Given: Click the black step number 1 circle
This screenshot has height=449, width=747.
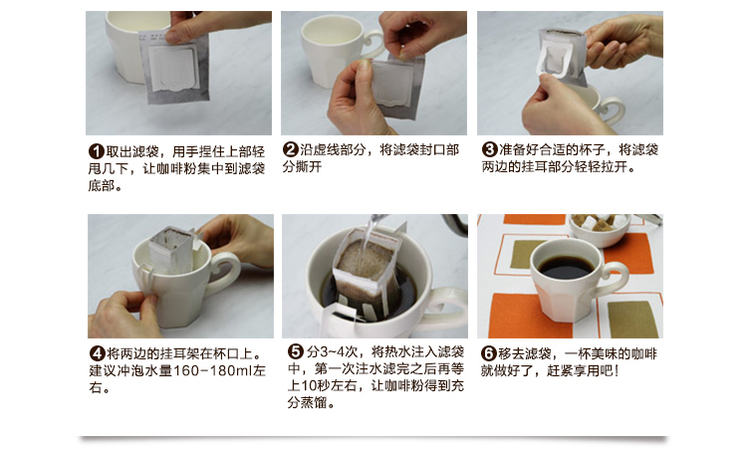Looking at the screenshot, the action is [x=97, y=152].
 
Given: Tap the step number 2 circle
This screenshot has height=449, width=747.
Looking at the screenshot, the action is [x=291, y=149].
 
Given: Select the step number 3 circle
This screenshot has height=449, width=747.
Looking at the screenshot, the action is [x=489, y=149].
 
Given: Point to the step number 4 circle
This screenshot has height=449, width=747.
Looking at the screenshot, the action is [x=98, y=353].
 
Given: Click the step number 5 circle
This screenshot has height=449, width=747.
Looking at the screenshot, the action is [x=296, y=351].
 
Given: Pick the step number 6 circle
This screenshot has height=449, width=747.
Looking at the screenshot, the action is [x=489, y=353].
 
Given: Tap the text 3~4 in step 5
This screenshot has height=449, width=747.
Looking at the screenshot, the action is [x=332, y=351].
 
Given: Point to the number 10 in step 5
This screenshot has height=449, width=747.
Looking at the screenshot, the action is [x=309, y=384].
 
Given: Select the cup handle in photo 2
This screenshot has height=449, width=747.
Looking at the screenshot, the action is [x=373, y=44].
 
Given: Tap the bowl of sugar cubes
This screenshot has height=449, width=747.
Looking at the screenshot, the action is [x=601, y=230].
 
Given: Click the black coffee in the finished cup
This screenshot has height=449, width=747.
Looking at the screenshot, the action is [x=566, y=268].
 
